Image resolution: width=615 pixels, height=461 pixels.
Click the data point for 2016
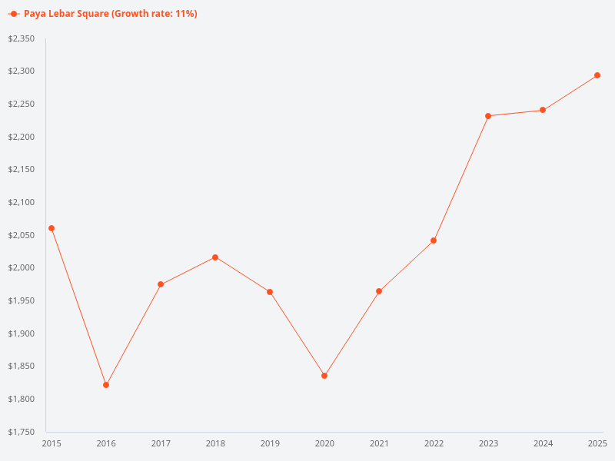[106, 385]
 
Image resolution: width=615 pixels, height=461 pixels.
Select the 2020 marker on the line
[324, 376]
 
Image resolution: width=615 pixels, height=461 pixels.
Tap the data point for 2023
[488, 116]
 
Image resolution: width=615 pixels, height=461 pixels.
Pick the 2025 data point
[597, 75]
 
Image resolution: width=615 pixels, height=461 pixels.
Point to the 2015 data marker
[52, 228]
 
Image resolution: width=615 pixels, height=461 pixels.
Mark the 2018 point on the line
[215, 257]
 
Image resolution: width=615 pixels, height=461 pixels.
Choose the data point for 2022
[434, 240]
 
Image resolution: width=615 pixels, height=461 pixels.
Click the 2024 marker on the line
[543, 110]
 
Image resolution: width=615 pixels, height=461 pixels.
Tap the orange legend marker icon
[14, 14]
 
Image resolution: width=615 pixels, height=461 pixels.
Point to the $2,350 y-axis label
[22, 38]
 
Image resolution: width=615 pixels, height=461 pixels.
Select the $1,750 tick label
[22, 432]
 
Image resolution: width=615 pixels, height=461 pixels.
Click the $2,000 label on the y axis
[22, 267]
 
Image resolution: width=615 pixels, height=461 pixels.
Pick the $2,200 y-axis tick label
[22, 137]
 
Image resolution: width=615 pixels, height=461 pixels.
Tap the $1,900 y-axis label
[22, 333]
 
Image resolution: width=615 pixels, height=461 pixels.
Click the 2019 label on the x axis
[270, 443]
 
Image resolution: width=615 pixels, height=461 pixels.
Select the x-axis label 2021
[379, 443]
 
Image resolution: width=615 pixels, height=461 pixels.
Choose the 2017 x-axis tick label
[161, 443]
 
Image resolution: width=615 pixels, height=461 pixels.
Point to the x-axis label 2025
[597, 443]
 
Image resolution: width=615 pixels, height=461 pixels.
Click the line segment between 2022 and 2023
[461, 178]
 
